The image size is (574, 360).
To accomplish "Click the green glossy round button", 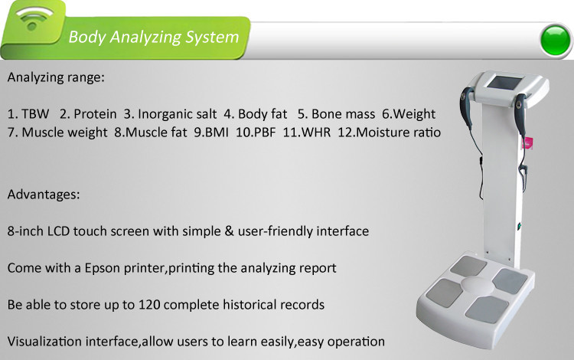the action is [555, 40].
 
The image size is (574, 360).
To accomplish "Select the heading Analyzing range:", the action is [56, 77].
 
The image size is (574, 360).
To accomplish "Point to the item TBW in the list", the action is [35, 114].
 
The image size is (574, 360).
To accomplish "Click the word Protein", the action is [95, 114].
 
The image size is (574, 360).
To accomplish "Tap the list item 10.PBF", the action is [256, 133].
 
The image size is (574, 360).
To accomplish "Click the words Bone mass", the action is [344, 114].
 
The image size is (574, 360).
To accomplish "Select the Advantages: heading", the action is [44, 194].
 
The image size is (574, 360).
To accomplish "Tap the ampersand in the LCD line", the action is [230, 231].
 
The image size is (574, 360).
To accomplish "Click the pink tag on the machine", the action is [528, 142].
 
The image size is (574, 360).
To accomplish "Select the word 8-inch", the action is [25, 231].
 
